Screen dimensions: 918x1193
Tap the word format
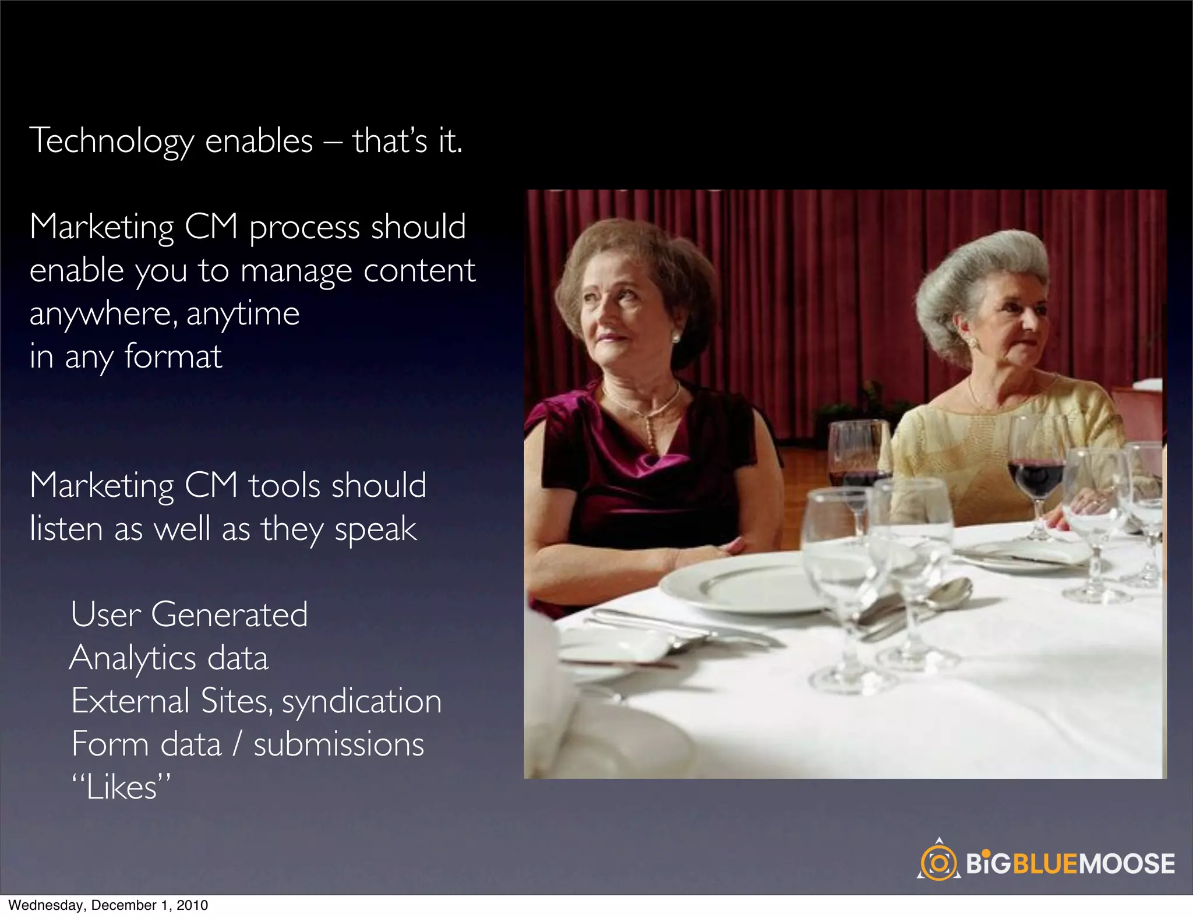[x=173, y=356]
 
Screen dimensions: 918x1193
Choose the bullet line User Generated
[x=189, y=615]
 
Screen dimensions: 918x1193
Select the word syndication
[x=362, y=701]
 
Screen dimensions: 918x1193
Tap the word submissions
[x=338, y=744]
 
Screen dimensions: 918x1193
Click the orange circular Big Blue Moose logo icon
[x=938, y=863]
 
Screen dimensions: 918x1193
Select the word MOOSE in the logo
[x=1128, y=864]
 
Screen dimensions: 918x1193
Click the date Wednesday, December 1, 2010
[x=108, y=905]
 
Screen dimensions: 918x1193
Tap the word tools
[x=284, y=486]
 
